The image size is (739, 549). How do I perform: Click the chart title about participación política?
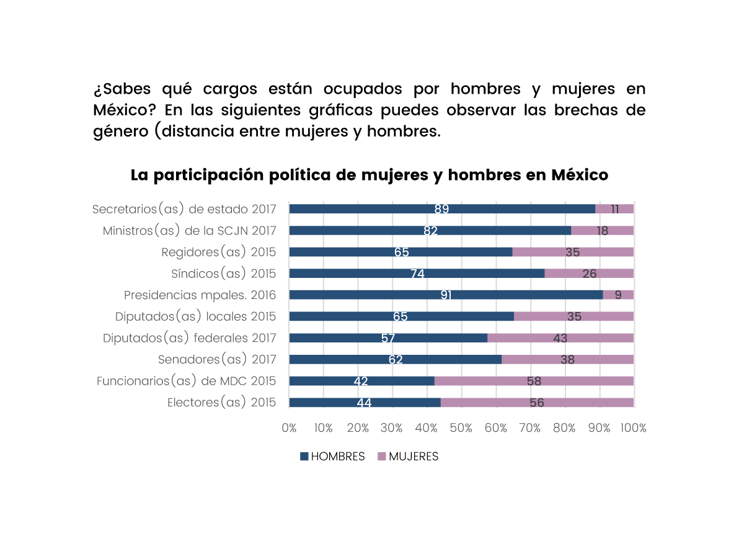[369, 176]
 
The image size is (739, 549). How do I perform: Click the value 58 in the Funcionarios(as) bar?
[534, 382]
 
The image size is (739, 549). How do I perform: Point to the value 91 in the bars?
[446, 295]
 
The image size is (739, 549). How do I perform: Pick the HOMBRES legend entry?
[332, 457]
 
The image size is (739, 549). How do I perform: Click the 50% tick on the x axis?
[461, 428]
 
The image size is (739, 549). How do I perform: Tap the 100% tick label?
[633, 428]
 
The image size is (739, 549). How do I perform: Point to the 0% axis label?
[289, 428]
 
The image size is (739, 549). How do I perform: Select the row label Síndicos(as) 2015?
[223, 274]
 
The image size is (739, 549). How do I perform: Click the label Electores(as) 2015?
[221, 403]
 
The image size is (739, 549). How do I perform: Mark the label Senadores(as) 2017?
[217, 360]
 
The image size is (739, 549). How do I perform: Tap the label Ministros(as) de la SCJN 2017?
[189, 231]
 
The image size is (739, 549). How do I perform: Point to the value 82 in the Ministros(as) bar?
[430, 231]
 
